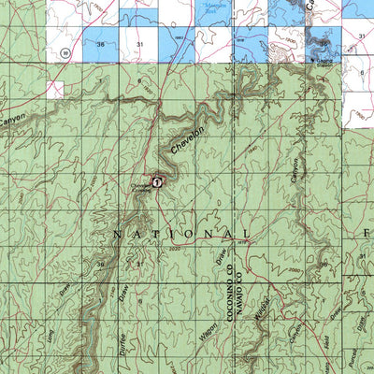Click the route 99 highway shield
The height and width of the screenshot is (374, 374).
click(62, 50)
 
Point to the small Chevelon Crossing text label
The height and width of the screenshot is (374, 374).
click(139, 188)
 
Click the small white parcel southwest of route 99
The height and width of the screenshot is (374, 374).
click(57, 89)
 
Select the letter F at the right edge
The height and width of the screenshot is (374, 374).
click(367, 231)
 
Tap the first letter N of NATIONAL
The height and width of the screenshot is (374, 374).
click(117, 234)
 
